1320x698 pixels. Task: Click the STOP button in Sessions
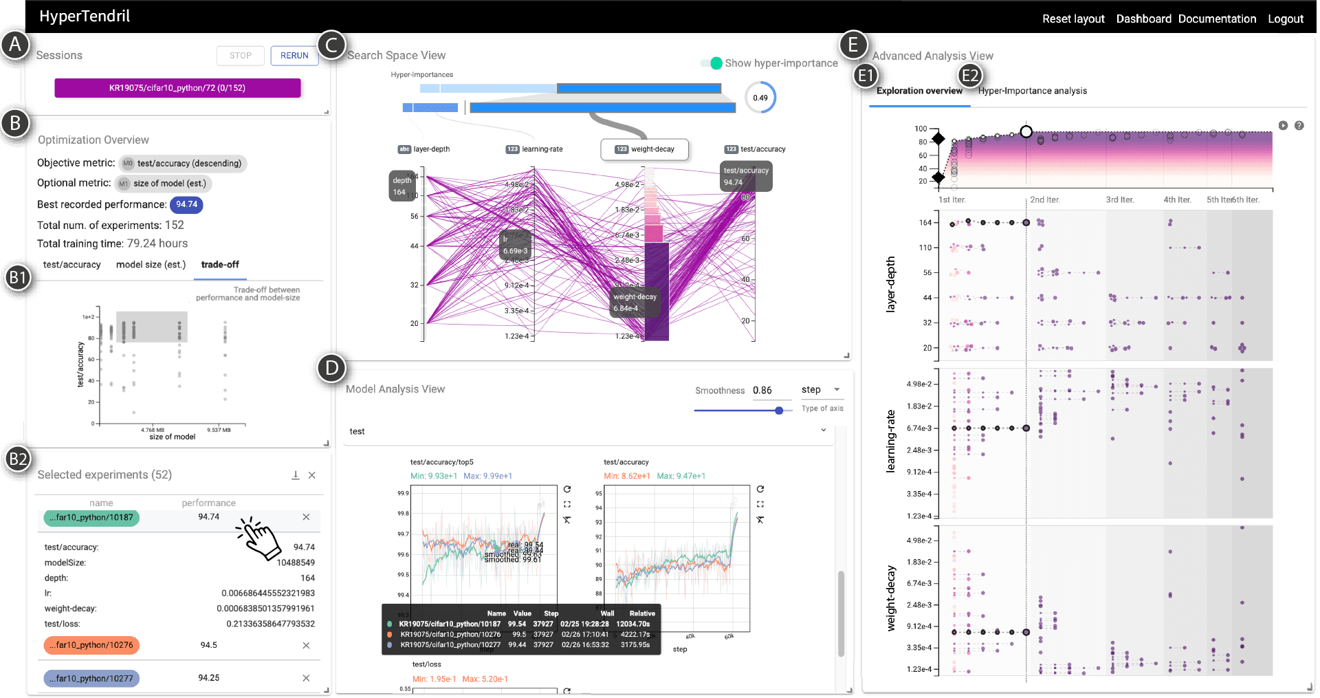coord(241,56)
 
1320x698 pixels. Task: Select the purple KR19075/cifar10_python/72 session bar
coord(177,88)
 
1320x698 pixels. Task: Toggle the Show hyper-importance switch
coord(712,63)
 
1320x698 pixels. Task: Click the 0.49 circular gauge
coord(760,98)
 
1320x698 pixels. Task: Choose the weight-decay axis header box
coord(645,149)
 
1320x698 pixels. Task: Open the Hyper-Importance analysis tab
coord(1032,91)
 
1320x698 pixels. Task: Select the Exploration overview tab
coord(919,91)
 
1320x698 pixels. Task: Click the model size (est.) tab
coord(151,265)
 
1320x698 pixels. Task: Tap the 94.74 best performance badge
coord(186,204)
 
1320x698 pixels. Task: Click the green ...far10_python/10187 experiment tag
coord(91,518)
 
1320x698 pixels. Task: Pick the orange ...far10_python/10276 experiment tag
coord(91,645)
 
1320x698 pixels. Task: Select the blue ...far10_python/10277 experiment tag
coord(91,679)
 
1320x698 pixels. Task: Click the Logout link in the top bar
coord(1286,19)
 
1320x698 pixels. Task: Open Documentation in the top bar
coord(1217,19)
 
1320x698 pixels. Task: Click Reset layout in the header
coord(1073,19)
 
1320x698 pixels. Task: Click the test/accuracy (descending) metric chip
coord(183,164)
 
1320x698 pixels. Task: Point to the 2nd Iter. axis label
coord(1045,200)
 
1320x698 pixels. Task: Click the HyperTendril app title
coord(85,17)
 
